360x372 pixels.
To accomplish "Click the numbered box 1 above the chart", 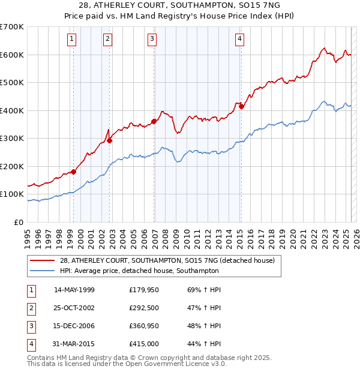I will (72, 40).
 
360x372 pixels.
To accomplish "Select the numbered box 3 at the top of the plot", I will (152, 40).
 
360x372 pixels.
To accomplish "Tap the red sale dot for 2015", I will (241, 106).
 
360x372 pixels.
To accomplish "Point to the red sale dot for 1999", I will (74, 172).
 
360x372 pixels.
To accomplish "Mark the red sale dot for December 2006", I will (154, 121).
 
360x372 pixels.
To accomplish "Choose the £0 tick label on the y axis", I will (18, 222).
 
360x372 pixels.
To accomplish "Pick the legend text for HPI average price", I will (139, 271).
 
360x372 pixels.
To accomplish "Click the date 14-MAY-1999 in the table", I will (74, 290).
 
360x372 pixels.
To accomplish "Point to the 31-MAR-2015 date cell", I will (74, 344).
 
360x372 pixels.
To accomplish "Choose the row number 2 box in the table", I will (30, 308).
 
